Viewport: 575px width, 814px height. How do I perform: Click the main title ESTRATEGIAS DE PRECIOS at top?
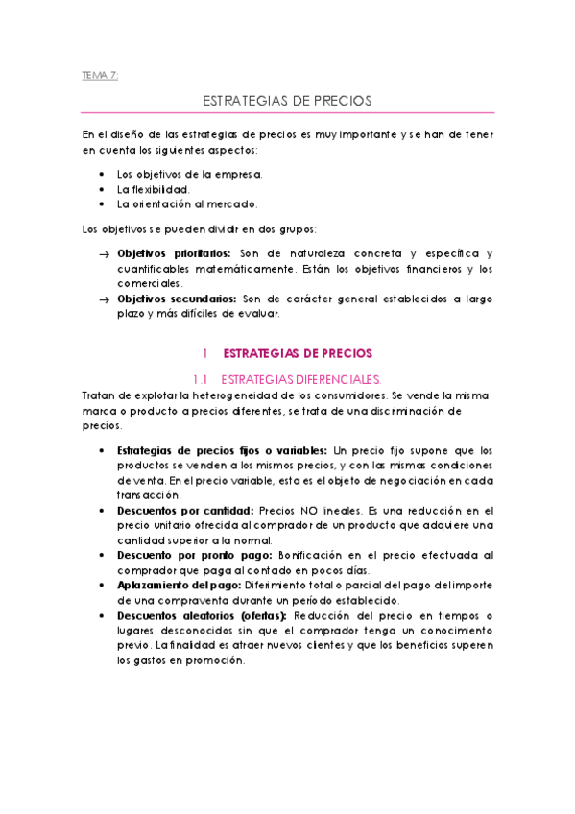[287, 100]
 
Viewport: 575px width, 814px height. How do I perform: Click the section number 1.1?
[201, 379]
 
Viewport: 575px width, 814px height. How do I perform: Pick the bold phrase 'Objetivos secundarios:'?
[177, 299]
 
